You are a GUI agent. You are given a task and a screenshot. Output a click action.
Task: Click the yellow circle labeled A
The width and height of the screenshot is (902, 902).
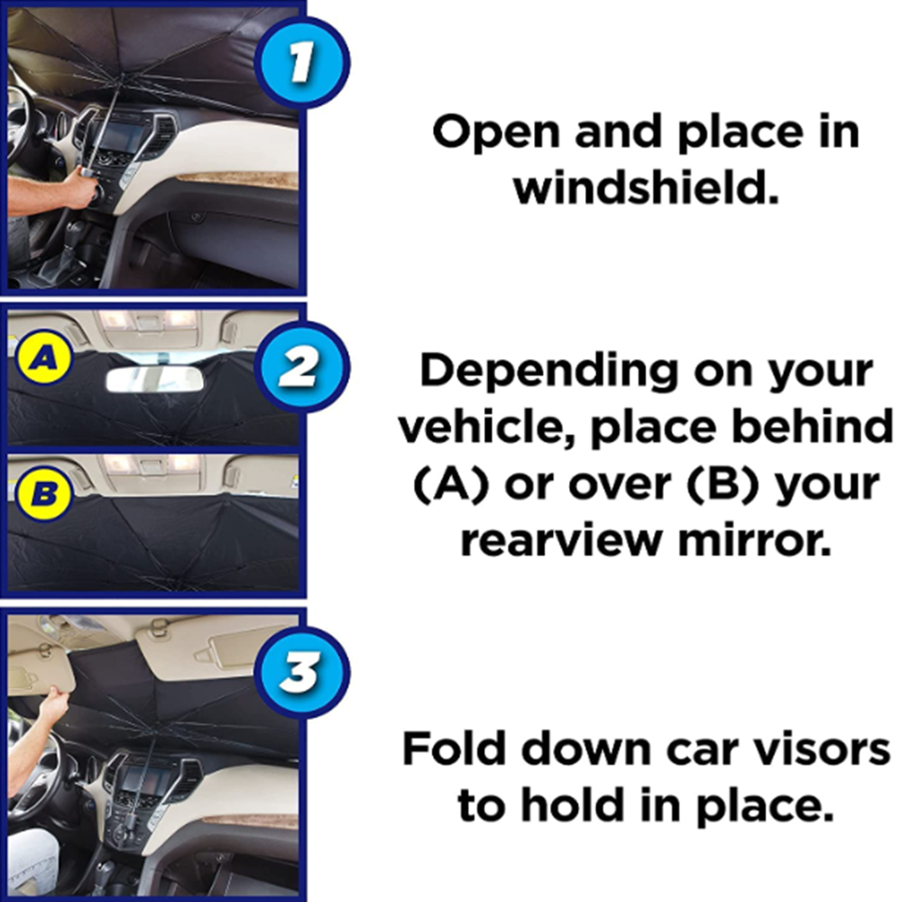coord(40,358)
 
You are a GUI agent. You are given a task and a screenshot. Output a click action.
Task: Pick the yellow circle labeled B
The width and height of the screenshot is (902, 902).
coord(40,492)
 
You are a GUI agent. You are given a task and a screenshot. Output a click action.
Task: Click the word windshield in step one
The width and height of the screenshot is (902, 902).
coord(644,190)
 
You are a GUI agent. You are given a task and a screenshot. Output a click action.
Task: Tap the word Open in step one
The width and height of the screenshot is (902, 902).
coord(493,133)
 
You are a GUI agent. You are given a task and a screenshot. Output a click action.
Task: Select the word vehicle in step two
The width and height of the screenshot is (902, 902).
coord(485,428)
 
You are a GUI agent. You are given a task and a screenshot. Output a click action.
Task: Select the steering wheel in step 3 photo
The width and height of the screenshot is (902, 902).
coord(36,785)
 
